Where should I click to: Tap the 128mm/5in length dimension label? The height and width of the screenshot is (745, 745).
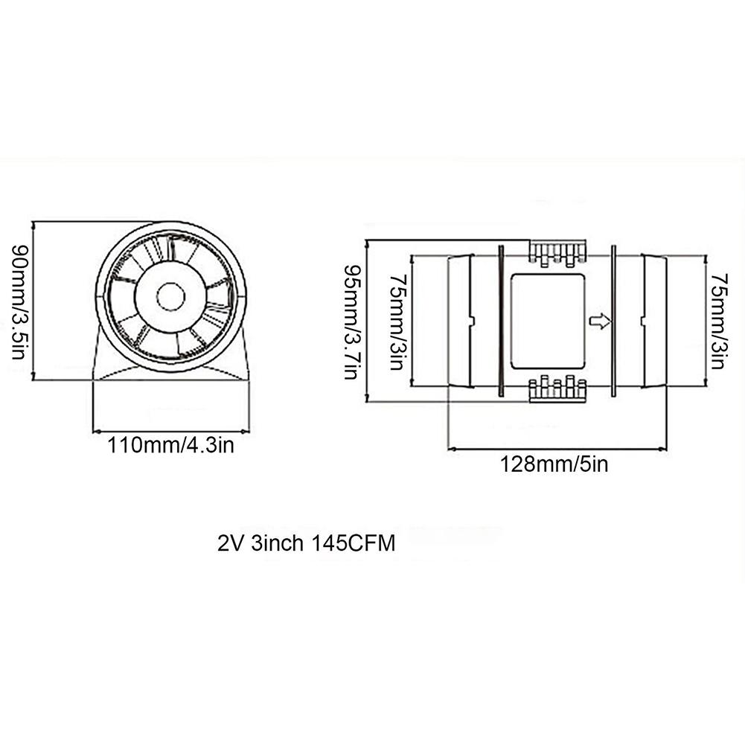tap(554, 464)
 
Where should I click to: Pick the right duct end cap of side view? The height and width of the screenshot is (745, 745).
tap(655, 321)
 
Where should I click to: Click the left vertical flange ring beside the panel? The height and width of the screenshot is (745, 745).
tap(501, 321)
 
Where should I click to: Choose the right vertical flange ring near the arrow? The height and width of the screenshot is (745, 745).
tap(613, 321)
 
